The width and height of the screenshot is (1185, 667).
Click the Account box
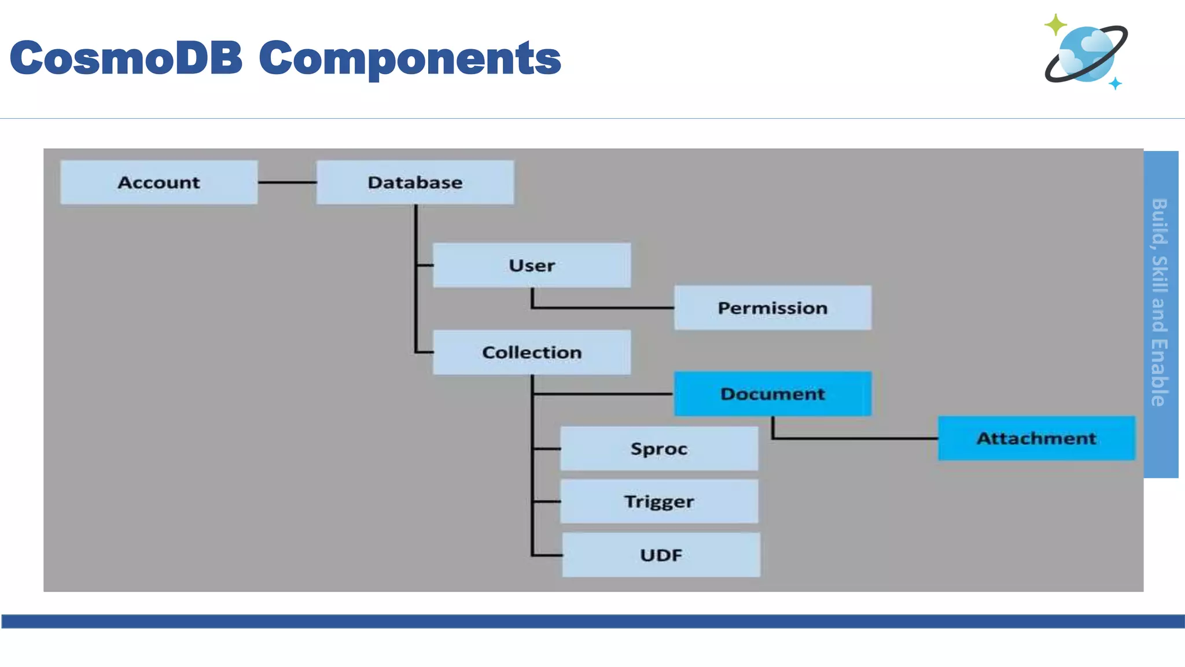tap(159, 182)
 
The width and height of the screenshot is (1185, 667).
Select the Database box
tap(415, 182)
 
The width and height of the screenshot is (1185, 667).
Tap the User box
tap(532, 265)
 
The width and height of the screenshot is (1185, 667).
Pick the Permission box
tap(772, 307)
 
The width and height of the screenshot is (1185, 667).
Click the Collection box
tap(532, 352)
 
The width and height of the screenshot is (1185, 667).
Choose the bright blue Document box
tap(772, 394)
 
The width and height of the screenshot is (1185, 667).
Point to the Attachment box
tap(1036, 438)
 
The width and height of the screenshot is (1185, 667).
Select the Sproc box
tap(659, 449)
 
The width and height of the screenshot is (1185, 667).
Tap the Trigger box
tap(659, 501)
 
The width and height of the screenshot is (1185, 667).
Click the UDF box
tap(661, 555)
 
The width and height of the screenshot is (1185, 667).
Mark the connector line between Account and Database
tap(287, 182)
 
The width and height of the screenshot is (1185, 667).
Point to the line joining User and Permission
tap(602, 307)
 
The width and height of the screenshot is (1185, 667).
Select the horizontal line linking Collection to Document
tap(602, 394)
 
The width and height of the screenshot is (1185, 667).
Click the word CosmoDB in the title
tap(126, 58)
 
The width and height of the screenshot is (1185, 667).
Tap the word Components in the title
tap(410, 58)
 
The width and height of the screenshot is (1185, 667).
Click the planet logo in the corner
tap(1086, 54)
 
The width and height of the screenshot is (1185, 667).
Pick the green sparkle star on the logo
tap(1055, 25)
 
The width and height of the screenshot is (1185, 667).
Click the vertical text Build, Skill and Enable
tap(1160, 302)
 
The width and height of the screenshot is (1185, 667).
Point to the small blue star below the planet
tap(1116, 84)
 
